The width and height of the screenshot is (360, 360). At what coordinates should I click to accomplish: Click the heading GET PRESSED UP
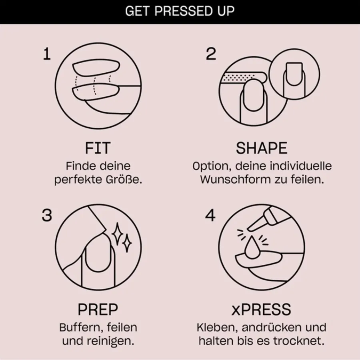tap(180, 11)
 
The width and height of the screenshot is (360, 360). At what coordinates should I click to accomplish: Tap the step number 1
tap(47, 54)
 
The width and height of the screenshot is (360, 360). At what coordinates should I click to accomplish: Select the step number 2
tap(211, 54)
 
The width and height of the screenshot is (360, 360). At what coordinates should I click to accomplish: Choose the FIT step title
tap(98, 148)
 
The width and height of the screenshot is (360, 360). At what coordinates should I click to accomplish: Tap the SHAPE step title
tap(262, 148)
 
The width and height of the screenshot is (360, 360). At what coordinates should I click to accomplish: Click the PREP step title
tap(98, 310)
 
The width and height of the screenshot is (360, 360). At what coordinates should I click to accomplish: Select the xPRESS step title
tap(261, 310)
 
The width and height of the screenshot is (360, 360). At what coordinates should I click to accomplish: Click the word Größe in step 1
tap(124, 179)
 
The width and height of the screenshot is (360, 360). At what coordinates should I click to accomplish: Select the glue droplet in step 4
tap(252, 247)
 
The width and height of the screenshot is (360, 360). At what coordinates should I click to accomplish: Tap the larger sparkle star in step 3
tap(118, 234)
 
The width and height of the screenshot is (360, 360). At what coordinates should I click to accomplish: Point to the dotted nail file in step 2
tap(243, 78)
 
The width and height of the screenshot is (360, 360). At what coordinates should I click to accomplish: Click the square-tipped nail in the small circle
tap(294, 74)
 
